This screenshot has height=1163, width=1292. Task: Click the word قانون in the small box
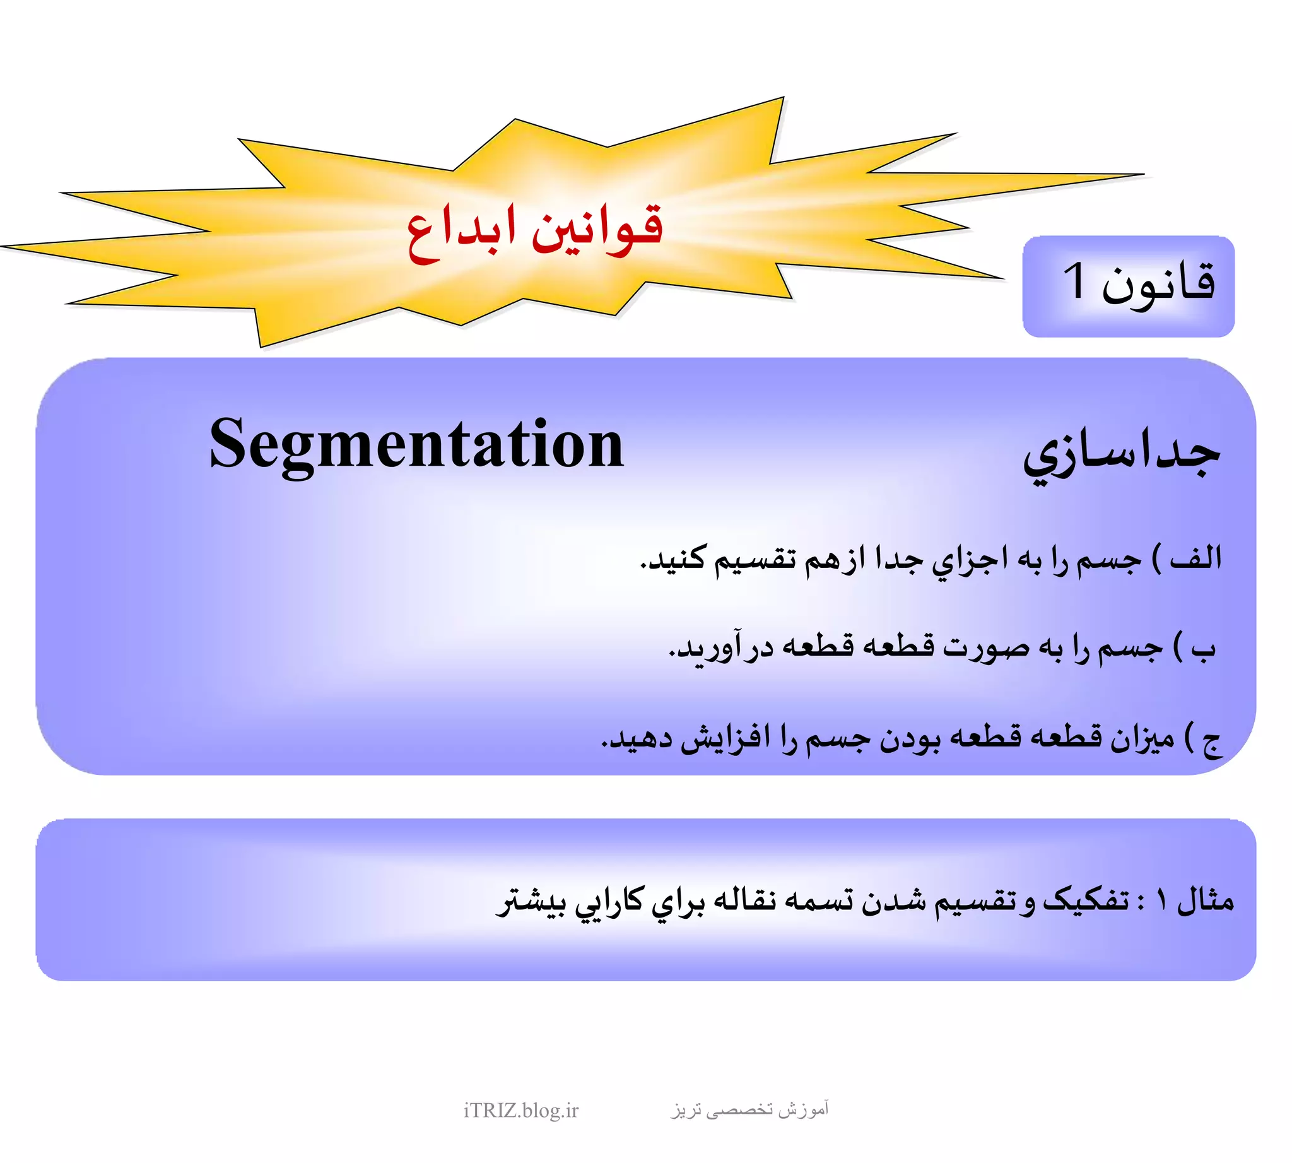click(x=1158, y=285)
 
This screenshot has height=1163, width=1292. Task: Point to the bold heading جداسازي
click(x=1122, y=455)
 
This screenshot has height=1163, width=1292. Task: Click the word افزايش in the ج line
click(x=725, y=740)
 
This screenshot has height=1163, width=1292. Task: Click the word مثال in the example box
click(x=1205, y=900)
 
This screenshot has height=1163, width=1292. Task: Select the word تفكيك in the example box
click(x=1086, y=900)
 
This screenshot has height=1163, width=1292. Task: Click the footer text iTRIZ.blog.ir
click(x=520, y=1110)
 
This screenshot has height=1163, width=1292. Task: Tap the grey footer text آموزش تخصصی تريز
click(x=749, y=1109)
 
